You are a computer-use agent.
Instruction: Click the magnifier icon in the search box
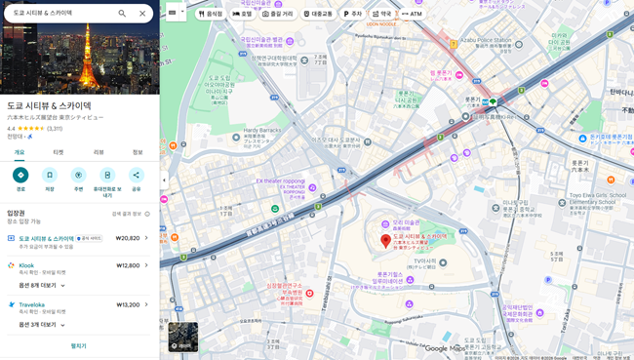click(x=122, y=14)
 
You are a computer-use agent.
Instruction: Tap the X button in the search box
click(x=142, y=14)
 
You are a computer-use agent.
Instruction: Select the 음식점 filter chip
click(x=210, y=14)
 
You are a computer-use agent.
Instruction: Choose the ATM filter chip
click(x=412, y=14)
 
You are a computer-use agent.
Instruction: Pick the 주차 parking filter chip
click(x=352, y=14)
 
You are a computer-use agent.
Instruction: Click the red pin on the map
click(x=385, y=240)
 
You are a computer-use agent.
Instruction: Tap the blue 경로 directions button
click(x=20, y=176)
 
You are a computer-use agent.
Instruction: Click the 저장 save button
click(x=50, y=176)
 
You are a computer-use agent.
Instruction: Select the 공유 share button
click(x=136, y=176)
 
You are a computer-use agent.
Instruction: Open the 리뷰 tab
click(x=99, y=152)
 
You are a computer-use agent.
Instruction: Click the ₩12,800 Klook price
click(x=128, y=265)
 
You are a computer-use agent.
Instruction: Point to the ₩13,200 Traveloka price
click(x=128, y=304)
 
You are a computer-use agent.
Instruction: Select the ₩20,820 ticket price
click(x=128, y=238)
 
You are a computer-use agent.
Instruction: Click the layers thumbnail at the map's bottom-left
click(x=182, y=337)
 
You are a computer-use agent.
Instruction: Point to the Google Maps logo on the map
click(x=444, y=348)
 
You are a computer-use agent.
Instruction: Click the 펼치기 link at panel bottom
click(x=79, y=345)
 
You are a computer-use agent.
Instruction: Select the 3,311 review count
click(x=55, y=128)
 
